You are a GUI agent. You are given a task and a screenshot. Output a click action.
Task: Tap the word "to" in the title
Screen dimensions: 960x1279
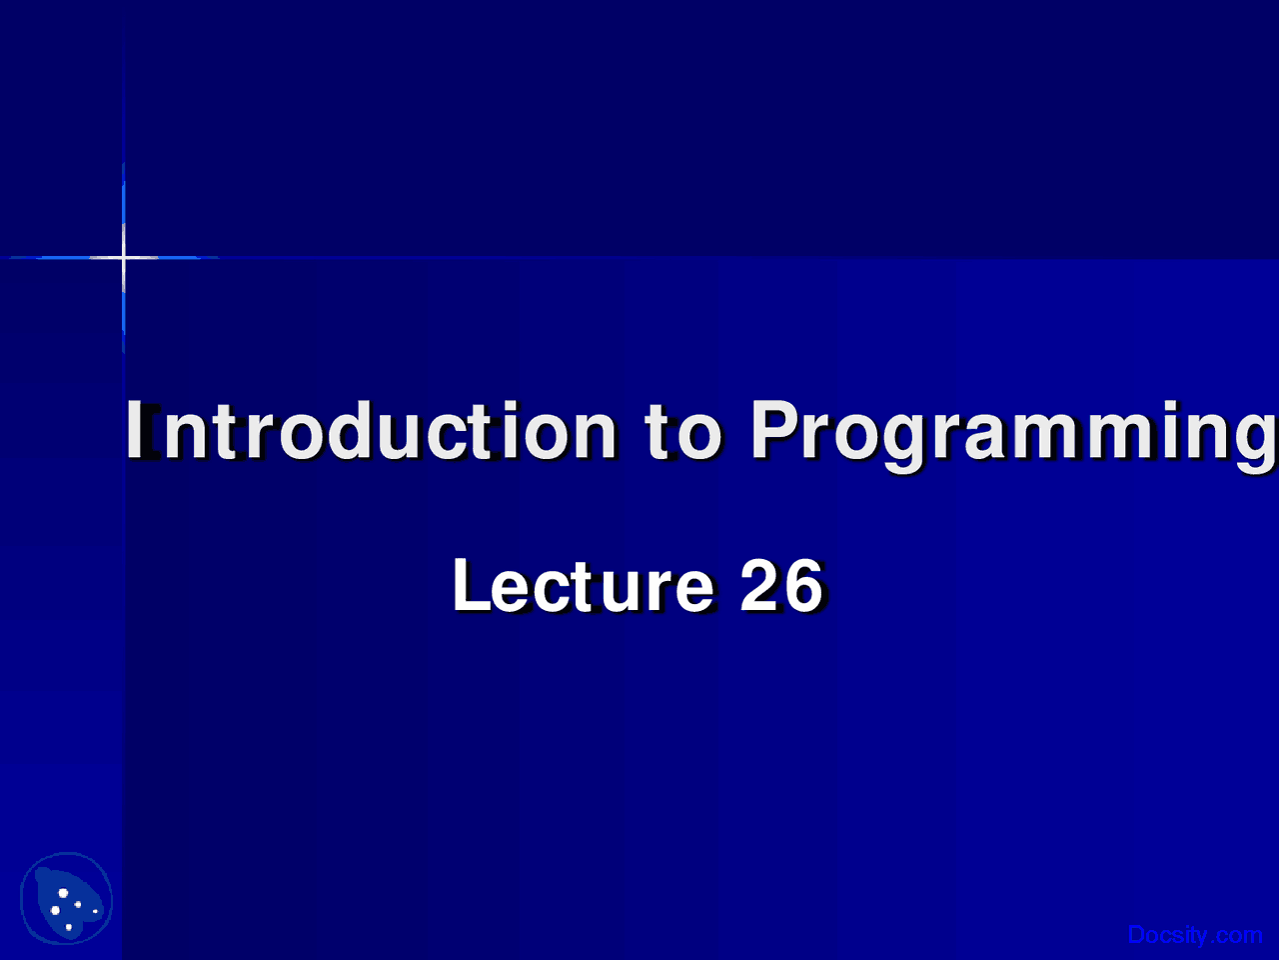click(682, 431)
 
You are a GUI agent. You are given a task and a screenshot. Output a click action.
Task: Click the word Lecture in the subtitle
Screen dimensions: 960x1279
click(583, 586)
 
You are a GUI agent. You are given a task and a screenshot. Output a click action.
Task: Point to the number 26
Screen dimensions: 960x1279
click(781, 586)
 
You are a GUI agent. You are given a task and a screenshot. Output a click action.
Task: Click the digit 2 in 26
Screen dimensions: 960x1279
click(759, 586)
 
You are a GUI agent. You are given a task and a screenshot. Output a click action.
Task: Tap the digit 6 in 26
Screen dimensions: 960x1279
click(803, 586)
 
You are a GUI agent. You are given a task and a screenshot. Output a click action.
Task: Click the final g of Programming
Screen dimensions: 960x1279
click(1255, 440)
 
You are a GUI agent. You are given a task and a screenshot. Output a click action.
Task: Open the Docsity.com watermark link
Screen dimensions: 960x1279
click(1194, 935)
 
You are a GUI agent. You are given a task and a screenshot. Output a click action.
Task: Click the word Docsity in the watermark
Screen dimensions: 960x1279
click(1167, 935)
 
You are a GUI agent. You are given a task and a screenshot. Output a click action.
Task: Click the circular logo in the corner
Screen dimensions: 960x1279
click(66, 899)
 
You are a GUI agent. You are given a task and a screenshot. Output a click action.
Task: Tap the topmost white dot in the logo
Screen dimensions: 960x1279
click(63, 892)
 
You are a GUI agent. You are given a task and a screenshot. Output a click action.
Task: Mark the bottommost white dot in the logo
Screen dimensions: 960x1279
click(68, 927)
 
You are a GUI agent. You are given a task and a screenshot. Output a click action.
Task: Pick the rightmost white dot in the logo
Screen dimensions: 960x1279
click(95, 911)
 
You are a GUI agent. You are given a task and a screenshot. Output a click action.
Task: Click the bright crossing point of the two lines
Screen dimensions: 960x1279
click(124, 258)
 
